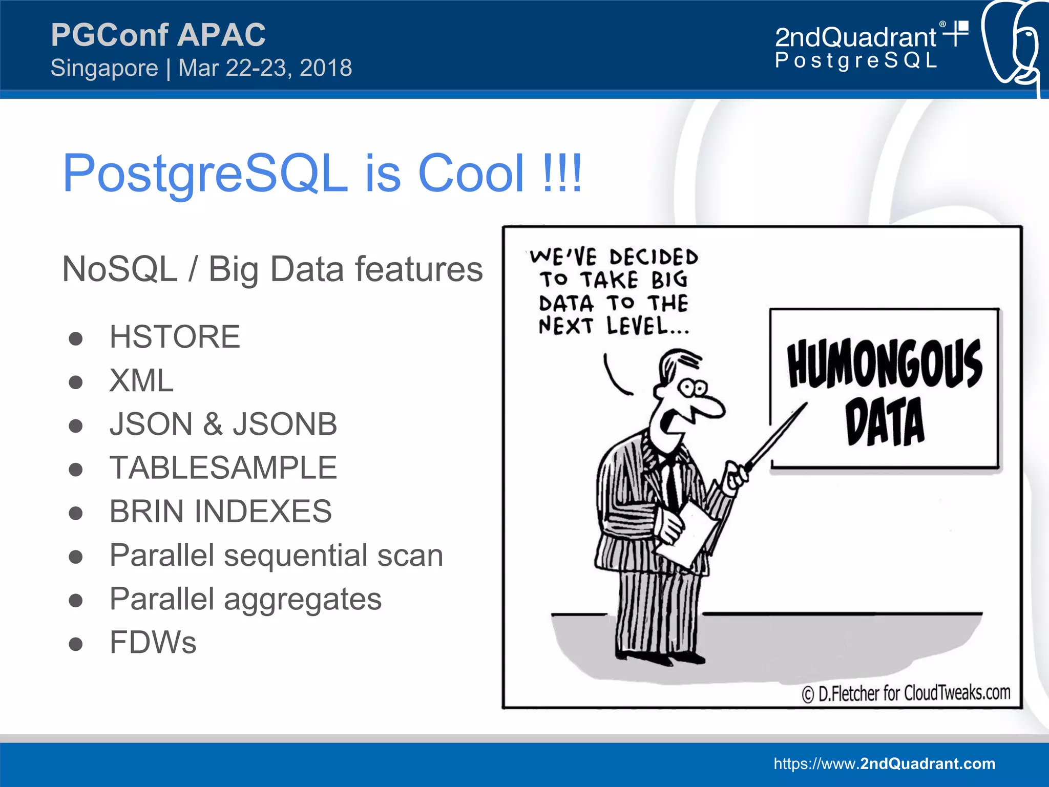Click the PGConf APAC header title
(x=158, y=35)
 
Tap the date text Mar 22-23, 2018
(x=265, y=68)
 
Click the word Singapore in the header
(x=104, y=68)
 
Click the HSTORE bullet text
(x=175, y=337)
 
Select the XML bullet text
(x=141, y=380)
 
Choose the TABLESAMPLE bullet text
(x=223, y=468)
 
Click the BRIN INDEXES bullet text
(x=221, y=512)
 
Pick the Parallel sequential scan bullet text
(x=276, y=555)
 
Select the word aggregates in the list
(x=303, y=599)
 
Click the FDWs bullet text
(x=153, y=643)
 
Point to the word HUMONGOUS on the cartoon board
(x=885, y=364)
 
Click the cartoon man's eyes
(x=692, y=388)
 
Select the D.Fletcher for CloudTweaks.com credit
(x=906, y=693)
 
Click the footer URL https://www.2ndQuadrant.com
(x=885, y=763)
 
